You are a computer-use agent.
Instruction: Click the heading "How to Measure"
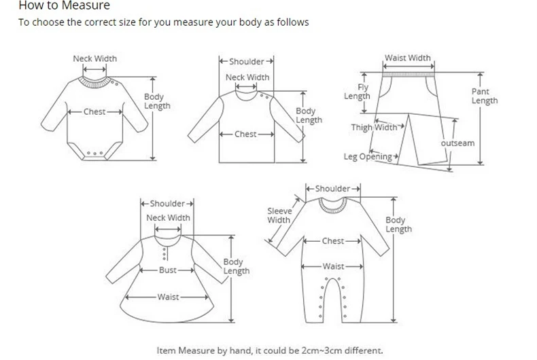tap(54, 6)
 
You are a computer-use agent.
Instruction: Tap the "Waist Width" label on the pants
tap(408, 58)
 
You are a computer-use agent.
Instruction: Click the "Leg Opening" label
tap(368, 157)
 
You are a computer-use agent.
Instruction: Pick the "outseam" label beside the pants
tap(457, 144)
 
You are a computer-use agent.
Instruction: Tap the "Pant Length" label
tap(484, 96)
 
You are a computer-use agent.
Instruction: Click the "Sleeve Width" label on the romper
tap(279, 215)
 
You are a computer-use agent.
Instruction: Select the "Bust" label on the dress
tap(167, 270)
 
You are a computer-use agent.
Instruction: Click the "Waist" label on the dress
tap(167, 297)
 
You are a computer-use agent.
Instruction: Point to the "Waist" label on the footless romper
tap(333, 267)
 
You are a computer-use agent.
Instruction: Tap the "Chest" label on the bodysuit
tap(94, 111)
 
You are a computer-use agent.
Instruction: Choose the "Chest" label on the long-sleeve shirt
tap(245, 134)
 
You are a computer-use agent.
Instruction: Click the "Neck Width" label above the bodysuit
tap(94, 58)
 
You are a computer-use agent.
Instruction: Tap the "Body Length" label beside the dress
tap(236, 266)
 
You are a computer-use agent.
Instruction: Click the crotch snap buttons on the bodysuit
tap(95, 154)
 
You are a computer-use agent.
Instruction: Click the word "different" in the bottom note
tap(358, 351)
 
